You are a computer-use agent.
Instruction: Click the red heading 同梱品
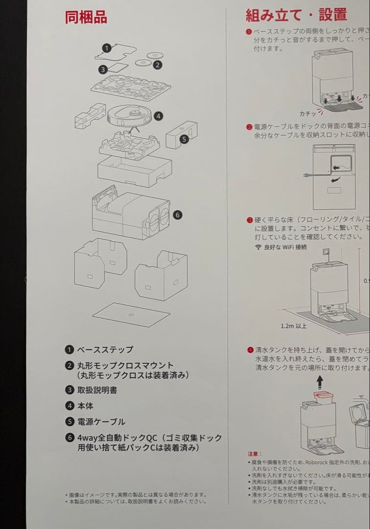point(86,17)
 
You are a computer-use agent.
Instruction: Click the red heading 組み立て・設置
point(296,15)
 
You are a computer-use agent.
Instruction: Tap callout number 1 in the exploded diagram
point(107,48)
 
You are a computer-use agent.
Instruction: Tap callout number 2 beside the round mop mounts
point(158,64)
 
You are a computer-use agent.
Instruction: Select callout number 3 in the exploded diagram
point(103,70)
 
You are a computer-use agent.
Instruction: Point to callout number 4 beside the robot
point(158,116)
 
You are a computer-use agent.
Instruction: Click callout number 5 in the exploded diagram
point(184,139)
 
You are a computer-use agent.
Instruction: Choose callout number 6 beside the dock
point(178,215)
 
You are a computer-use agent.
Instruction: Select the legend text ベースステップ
point(105,350)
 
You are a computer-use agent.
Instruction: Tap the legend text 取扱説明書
point(97,390)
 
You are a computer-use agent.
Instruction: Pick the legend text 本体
point(85,406)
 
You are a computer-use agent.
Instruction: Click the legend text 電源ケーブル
point(101,422)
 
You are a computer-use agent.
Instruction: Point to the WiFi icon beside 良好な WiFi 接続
point(258,247)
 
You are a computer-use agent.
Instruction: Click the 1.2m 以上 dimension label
point(294,326)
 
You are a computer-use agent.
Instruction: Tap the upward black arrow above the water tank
point(320,382)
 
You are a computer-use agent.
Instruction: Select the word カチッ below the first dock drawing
point(308,113)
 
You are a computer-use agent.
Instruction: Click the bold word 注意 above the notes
point(254,454)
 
